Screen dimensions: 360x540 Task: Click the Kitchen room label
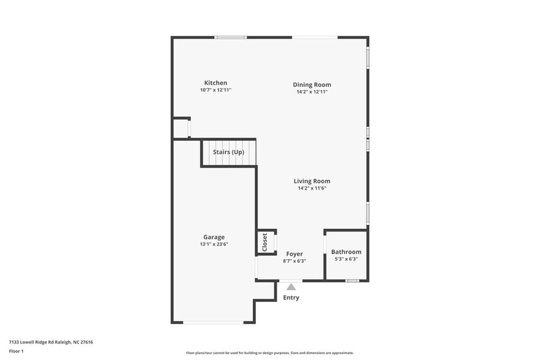point(216,83)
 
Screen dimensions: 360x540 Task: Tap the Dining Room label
point(312,84)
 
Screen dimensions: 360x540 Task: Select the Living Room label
point(312,181)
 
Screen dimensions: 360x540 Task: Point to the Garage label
point(214,237)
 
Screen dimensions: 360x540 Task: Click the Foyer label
point(294,253)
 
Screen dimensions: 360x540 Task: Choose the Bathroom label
point(346,252)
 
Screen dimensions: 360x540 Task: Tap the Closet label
point(265,242)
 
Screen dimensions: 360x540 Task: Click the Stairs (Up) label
point(228,151)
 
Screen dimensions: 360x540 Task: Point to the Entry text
point(291,298)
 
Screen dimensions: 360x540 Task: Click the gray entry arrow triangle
point(291,286)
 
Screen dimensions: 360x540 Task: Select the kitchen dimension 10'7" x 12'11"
point(216,90)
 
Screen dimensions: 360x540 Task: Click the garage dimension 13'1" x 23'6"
point(214,244)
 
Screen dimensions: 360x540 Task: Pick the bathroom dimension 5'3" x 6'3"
point(346,259)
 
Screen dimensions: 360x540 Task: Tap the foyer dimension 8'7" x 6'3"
point(294,261)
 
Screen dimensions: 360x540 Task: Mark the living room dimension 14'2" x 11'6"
point(312,188)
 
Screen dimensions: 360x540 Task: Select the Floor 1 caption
point(17,351)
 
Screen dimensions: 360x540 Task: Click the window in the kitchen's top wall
point(230,37)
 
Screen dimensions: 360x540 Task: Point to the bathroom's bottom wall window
point(351,280)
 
